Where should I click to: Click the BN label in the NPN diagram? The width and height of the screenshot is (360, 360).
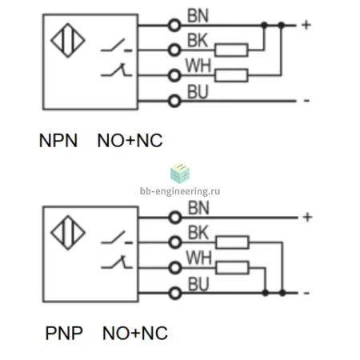point(198,16)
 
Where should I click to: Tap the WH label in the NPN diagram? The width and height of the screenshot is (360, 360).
point(198,66)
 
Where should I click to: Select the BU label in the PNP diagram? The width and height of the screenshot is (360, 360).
point(198,284)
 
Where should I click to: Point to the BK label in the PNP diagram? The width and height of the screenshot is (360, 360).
point(198,233)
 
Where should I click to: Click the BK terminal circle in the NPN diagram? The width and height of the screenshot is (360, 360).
point(174,50)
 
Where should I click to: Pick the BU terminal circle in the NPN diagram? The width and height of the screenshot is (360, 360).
point(174,101)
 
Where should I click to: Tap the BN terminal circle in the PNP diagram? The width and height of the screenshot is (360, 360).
point(175,218)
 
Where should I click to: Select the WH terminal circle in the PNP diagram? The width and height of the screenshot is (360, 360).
point(175,267)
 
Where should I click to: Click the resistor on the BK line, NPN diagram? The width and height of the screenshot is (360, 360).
point(231,50)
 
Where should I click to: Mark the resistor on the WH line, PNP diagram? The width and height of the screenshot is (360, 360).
point(232,268)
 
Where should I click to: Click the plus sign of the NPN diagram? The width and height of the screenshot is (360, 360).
point(306,25)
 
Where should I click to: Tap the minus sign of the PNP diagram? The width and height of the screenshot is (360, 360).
point(306,294)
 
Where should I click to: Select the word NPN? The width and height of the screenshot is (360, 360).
point(58,141)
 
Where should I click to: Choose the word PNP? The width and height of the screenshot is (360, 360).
point(64,333)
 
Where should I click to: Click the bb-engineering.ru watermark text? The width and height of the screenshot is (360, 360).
point(180,191)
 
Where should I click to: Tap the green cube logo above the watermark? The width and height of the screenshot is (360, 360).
point(180,174)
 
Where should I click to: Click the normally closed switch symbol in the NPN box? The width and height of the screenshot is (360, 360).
point(117,70)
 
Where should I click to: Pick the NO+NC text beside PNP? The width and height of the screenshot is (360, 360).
point(135,333)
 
